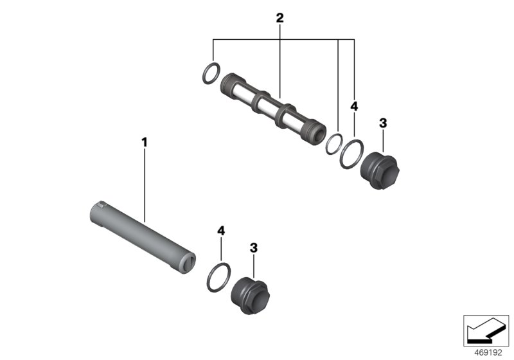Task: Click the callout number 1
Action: click(145, 139)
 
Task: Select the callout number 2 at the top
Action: click(279, 19)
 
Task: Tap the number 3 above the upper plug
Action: click(382, 123)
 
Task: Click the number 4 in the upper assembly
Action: click(354, 105)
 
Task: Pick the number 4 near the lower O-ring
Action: click(221, 230)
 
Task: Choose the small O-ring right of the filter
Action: click(333, 143)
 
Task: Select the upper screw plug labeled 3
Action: click(379, 168)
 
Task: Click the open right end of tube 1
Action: click(187, 262)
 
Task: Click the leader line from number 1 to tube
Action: click(145, 186)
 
